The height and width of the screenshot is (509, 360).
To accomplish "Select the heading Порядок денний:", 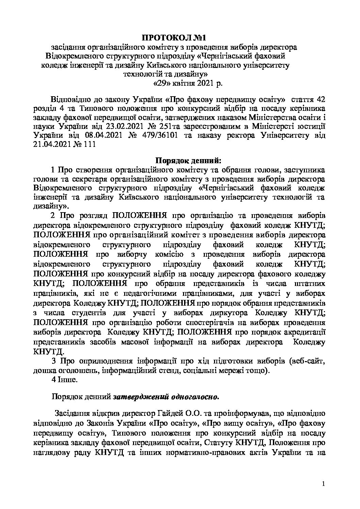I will pyautogui.click(x=188, y=159).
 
